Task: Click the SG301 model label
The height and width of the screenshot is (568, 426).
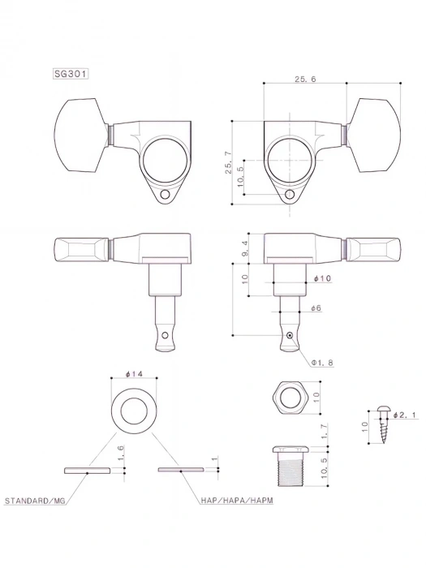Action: (71, 74)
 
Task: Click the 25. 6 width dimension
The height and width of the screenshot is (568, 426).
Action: (305, 79)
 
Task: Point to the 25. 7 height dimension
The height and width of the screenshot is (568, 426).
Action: (228, 163)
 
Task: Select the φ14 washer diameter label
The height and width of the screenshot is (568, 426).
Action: (134, 374)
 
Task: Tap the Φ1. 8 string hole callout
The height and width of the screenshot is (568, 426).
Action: (322, 362)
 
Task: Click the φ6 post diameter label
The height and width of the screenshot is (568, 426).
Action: (316, 308)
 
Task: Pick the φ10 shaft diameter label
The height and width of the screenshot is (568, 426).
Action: (322, 278)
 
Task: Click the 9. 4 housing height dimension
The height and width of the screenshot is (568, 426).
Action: (244, 248)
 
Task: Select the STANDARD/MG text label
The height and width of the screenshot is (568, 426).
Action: (35, 501)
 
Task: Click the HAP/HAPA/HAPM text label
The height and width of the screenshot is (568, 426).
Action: (237, 501)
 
